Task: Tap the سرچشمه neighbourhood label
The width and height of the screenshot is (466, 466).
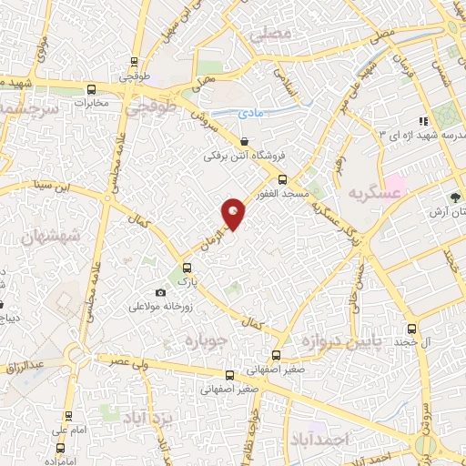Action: pos(26,106)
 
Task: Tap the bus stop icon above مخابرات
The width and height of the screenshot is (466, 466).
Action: pos(91,89)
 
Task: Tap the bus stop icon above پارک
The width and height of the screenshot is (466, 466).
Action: pos(187,268)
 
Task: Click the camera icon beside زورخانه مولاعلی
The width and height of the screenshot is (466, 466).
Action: pos(161,292)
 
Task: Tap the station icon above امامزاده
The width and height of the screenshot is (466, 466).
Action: pos(60,447)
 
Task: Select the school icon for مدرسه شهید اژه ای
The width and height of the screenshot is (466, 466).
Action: pos(422,121)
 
